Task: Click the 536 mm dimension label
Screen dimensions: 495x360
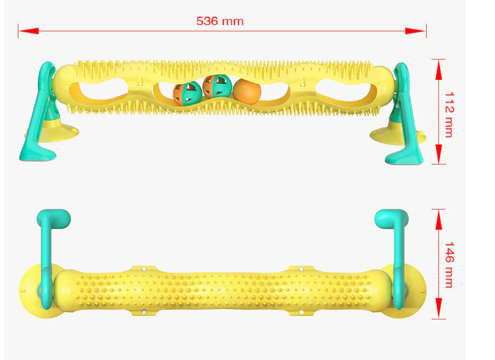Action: pos(220,21)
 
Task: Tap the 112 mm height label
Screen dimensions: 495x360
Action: pos(449,114)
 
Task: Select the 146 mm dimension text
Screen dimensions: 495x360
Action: pos(449,265)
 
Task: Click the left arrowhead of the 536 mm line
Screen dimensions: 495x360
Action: pos(28,31)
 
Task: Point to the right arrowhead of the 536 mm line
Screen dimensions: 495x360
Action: pos(416,31)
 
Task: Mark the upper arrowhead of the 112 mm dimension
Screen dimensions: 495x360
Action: pos(438,70)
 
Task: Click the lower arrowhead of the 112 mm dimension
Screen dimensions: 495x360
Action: pos(438,154)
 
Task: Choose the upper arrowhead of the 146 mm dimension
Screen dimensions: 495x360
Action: pos(438,219)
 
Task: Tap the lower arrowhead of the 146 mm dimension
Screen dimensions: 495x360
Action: pos(438,308)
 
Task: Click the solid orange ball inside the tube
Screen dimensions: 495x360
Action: pos(247,92)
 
